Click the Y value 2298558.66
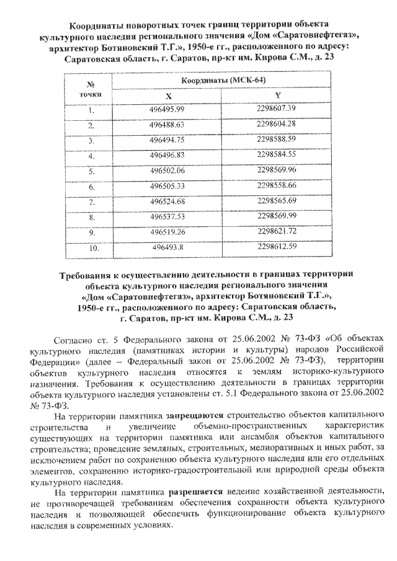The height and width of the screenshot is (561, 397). pyautogui.click(x=277, y=185)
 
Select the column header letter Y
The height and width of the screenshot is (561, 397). pyautogui.click(x=277, y=95)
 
